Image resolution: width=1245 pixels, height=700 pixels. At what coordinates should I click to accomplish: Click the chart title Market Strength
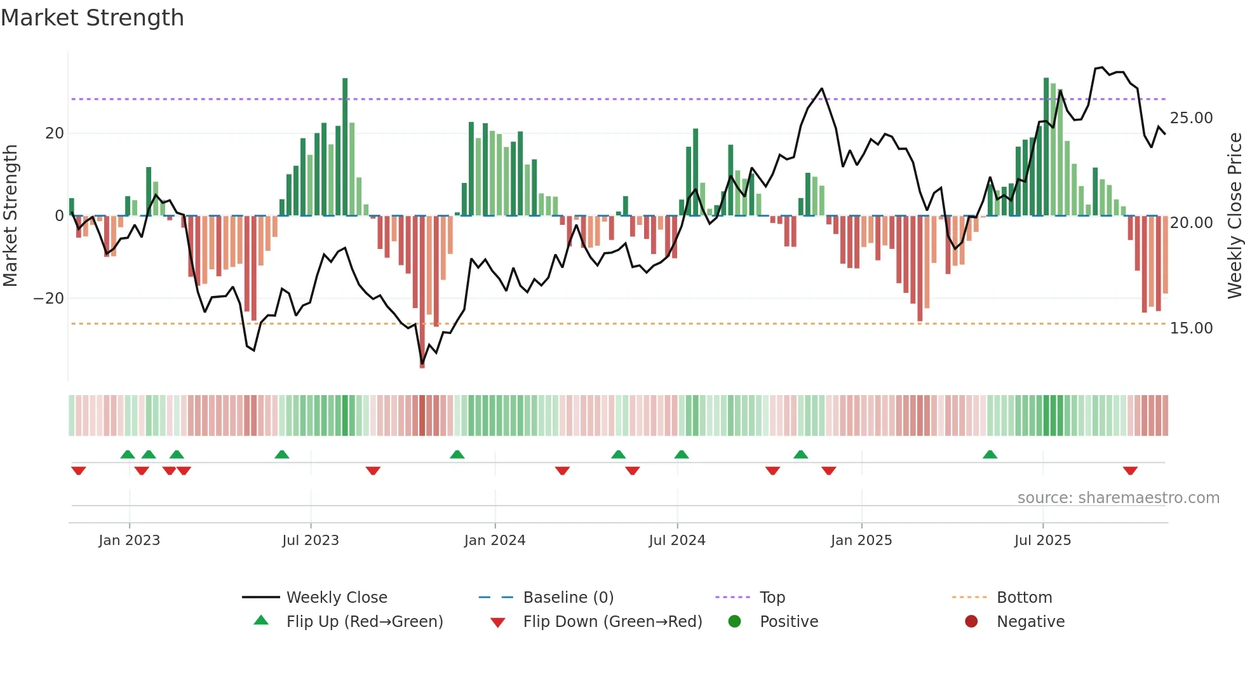[92, 18]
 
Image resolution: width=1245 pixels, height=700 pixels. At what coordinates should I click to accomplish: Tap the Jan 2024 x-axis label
[495, 541]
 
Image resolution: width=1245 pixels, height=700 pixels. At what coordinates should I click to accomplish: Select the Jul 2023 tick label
[311, 541]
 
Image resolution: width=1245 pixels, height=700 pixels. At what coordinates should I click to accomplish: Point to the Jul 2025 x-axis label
[1042, 541]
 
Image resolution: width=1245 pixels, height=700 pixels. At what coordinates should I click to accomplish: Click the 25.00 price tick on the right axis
[1191, 118]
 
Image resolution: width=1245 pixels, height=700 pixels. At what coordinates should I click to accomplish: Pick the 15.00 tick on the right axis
[1191, 328]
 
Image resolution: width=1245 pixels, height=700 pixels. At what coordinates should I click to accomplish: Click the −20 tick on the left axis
[49, 299]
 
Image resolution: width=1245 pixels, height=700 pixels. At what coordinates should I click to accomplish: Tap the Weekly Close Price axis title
[1234, 216]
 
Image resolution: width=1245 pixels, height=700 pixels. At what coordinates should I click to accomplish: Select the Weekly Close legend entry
[336, 598]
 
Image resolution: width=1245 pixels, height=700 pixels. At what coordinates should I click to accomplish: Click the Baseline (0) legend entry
[568, 598]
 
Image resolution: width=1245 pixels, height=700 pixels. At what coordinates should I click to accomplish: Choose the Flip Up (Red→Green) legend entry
[364, 622]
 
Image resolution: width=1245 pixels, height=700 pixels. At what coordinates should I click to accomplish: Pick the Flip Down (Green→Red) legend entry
[612, 622]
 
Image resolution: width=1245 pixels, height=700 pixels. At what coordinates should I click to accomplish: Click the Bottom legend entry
[1024, 598]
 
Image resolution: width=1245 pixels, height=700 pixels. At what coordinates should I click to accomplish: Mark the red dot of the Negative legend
[971, 622]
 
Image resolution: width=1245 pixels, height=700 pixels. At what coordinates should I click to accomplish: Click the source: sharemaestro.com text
[1118, 498]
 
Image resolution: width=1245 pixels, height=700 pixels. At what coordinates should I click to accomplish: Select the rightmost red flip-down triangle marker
[1130, 471]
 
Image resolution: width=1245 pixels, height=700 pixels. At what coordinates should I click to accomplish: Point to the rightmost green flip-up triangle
[990, 454]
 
